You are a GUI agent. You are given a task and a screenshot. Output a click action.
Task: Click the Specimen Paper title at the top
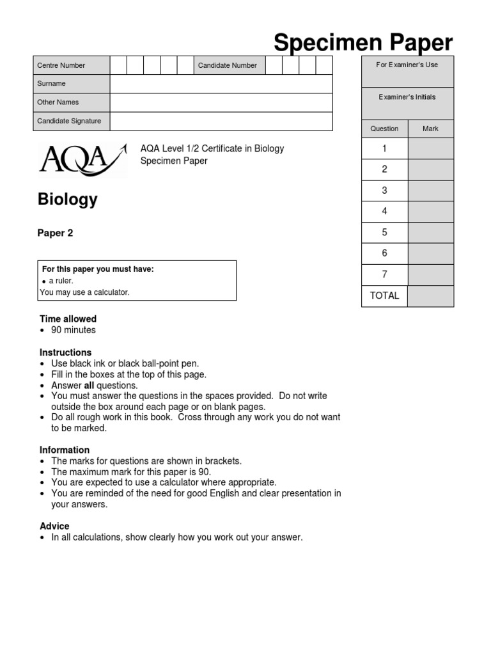[x=363, y=43]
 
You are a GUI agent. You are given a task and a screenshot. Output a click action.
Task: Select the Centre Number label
[x=61, y=65]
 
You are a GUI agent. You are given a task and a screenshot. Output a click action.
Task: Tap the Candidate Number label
[x=228, y=65]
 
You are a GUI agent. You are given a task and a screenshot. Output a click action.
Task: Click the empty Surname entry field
[x=221, y=84]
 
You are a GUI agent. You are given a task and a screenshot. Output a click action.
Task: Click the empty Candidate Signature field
[x=221, y=121]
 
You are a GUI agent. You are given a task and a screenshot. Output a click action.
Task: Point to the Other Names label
[x=58, y=102]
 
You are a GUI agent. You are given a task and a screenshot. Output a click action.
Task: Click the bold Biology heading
[x=68, y=200]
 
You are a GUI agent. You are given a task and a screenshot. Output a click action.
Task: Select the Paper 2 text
[x=56, y=233]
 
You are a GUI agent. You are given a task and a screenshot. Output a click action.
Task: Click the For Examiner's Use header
[x=407, y=65]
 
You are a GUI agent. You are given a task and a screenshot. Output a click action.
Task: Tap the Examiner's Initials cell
[x=407, y=97]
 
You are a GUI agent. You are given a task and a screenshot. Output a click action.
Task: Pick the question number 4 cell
[x=384, y=212]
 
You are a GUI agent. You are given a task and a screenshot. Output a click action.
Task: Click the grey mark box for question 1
[x=430, y=148]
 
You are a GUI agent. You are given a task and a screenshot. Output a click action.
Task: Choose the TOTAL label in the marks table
[x=384, y=296]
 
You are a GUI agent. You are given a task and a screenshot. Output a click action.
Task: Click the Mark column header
[x=430, y=129]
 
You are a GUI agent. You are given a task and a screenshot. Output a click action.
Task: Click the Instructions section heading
[x=65, y=352]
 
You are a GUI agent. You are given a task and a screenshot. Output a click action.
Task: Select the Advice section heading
[x=54, y=526]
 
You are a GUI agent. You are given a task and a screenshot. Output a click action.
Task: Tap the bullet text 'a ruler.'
[x=61, y=281]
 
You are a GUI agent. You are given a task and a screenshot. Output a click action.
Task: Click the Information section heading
[x=65, y=450]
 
